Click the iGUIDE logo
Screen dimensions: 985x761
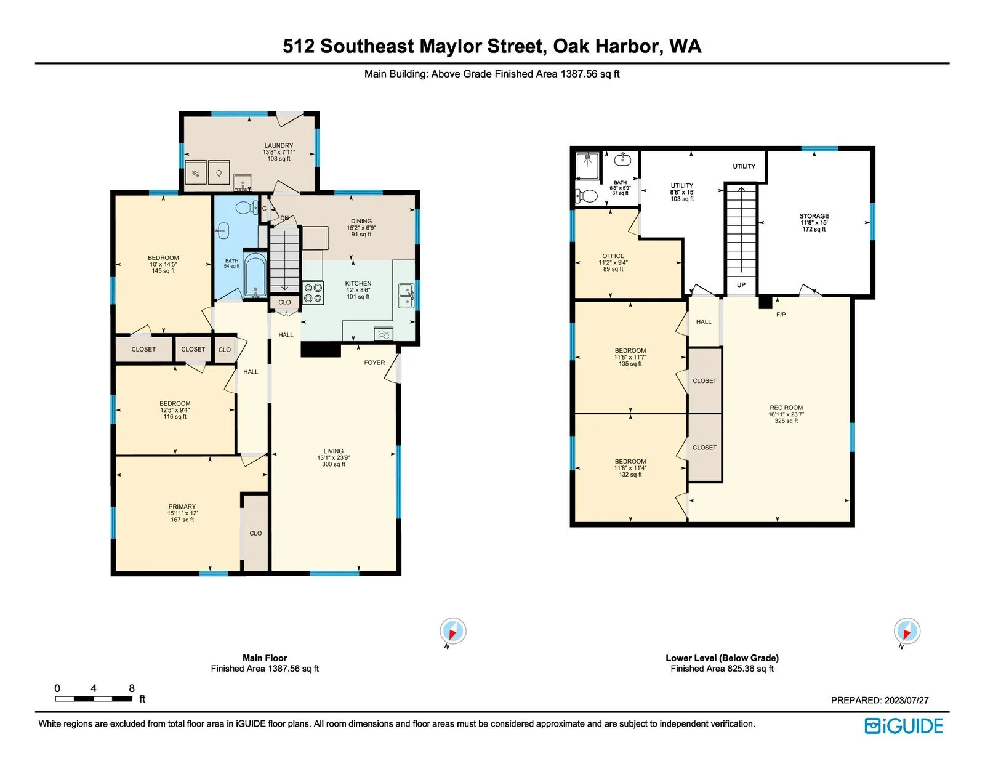coord(903,726)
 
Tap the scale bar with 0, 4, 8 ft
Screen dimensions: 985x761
coord(94,698)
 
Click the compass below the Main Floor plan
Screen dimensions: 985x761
coord(452,631)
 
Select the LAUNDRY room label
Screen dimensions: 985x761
coord(279,145)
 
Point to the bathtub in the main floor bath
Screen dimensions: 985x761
coord(255,275)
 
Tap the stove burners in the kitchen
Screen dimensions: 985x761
coord(313,292)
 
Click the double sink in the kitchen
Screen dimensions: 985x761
coord(406,296)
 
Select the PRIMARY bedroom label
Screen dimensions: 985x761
coord(182,507)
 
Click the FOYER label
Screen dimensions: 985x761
coord(374,363)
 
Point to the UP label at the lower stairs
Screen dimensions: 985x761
coord(741,284)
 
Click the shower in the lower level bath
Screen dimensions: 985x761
coord(587,165)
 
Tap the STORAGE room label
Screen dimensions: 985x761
coord(814,216)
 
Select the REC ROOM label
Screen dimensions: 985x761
coord(786,408)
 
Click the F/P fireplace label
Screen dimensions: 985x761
coord(781,315)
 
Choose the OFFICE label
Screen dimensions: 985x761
coord(613,256)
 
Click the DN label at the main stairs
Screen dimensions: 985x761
coord(284,218)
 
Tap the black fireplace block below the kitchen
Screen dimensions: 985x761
coord(321,350)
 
